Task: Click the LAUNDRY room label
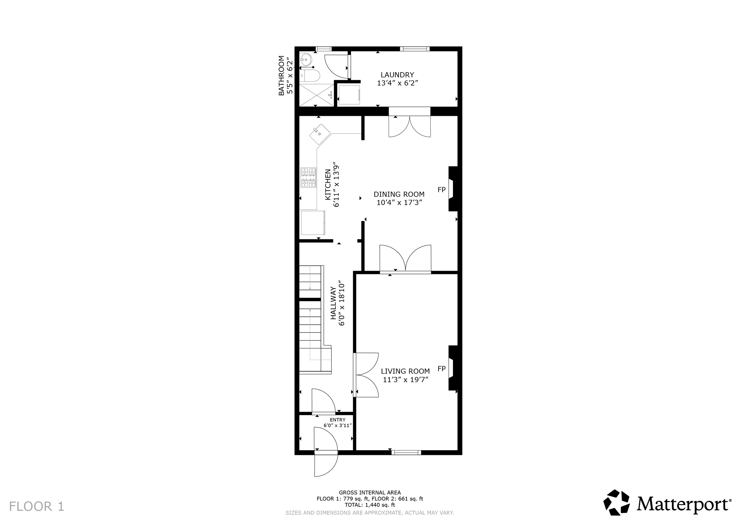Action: [x=398, y=75]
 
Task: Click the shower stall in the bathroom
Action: [x=317, y=95]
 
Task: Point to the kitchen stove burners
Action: [x=308, y=177]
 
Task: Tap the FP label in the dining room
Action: [x=442, y=190]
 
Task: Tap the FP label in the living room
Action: [x=442, y=369]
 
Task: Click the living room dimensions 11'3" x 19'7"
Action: [x=406, y=380]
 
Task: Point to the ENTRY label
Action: [x=337, y=420]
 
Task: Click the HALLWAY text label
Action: [x=333, y=303]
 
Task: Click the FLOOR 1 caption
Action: [x=37, y=506]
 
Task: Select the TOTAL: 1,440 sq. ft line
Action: [x=370, y=505]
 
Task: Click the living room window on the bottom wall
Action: [x=406, y=453]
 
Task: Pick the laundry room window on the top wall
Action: [x=415, y=49]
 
